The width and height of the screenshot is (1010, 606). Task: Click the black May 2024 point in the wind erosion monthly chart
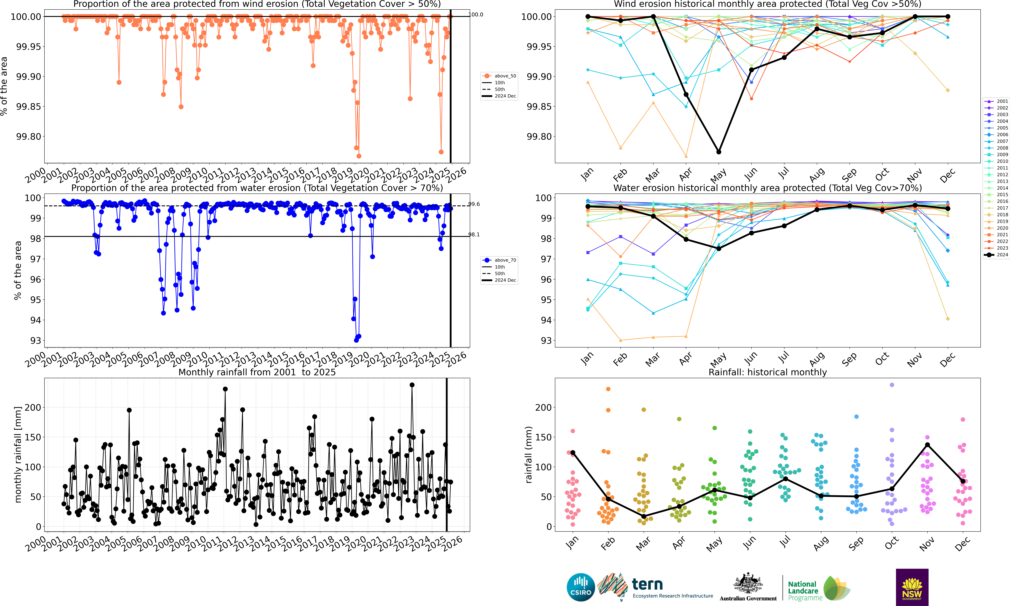[719, 152]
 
